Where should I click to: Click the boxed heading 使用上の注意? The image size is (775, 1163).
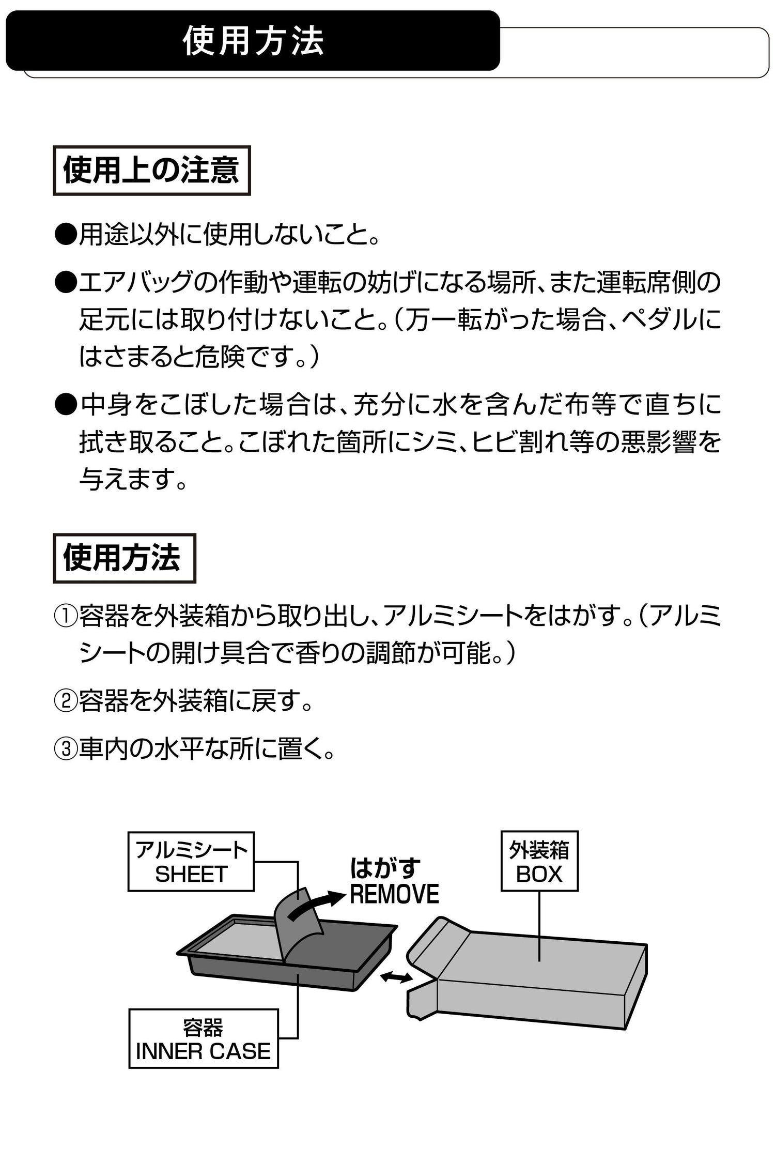pos(151,171)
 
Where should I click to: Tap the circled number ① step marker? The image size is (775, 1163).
pos(66,616)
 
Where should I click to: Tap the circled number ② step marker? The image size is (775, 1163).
pos(66,701)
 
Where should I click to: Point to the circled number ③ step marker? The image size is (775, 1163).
pos(66,748)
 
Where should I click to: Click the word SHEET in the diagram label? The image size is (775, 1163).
pos(191,874)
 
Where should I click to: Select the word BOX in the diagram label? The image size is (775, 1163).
pos(539,874)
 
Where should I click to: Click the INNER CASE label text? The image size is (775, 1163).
pos(203,1051)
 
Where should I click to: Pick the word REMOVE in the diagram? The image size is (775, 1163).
pos(394,894)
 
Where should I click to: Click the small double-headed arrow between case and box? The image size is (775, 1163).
pos(396,976)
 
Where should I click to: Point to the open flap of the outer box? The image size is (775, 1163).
pos(439,941)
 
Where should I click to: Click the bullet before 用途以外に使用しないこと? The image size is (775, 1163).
pos(66,236)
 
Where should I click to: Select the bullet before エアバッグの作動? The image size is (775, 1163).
pos(66,283)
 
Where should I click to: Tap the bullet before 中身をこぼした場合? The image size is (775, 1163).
pos(66,404)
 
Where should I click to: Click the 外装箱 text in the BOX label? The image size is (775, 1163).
pos(539,850)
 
